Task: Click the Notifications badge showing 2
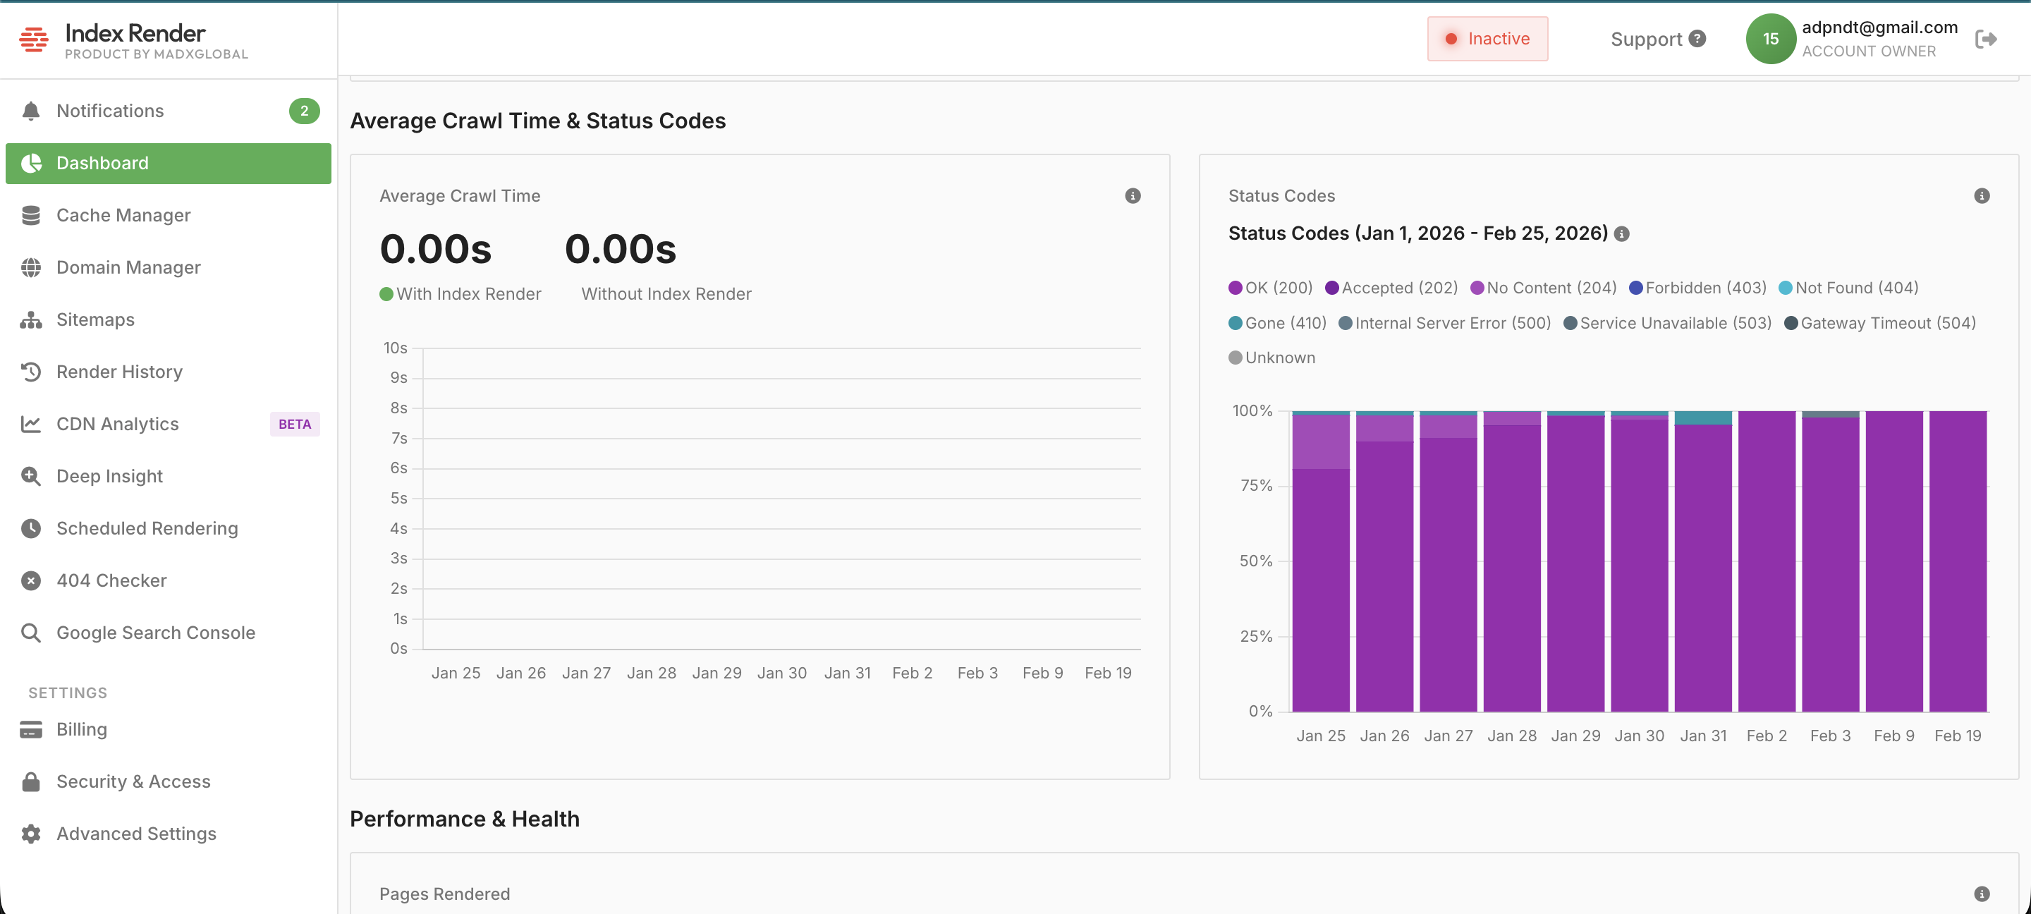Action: point(303,111)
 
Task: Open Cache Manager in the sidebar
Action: point(123,215)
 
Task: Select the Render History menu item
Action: point(119,372)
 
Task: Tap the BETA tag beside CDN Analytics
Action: point(294,425)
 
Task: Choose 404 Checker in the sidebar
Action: point(111,580)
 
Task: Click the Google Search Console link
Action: point(155,633)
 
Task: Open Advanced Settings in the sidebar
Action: point(135,834)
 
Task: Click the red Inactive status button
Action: point(1487,39)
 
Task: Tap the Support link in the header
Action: point(1657,39)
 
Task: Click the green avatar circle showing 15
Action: point(1770,39)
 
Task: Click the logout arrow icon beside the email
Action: point(1985,39)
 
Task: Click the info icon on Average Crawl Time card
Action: point(1132,195)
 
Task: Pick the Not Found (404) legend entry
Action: point(1848,288)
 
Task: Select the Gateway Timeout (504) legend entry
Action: point(1879,323)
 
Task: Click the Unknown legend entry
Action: point(1271,358)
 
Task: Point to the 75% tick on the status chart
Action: point(1256,486)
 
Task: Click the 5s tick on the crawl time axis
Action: point(399,499)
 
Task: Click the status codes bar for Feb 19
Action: point(1958,561)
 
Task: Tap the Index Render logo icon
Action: point(34,39)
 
